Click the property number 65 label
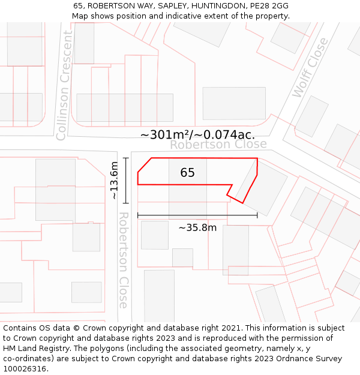[x=187, y=173]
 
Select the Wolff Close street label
[x=310, y=68]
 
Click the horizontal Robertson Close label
[x=218, y=145]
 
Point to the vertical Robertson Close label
[x=124, y=259]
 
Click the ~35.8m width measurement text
[x=197, y=227]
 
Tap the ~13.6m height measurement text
[x=114, y=180]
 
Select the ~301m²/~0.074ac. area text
[x=197, y=134]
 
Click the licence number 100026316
[x=25, y=369]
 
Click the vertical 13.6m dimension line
[x=126, y=180]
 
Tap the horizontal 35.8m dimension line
[x=197, y=215]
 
